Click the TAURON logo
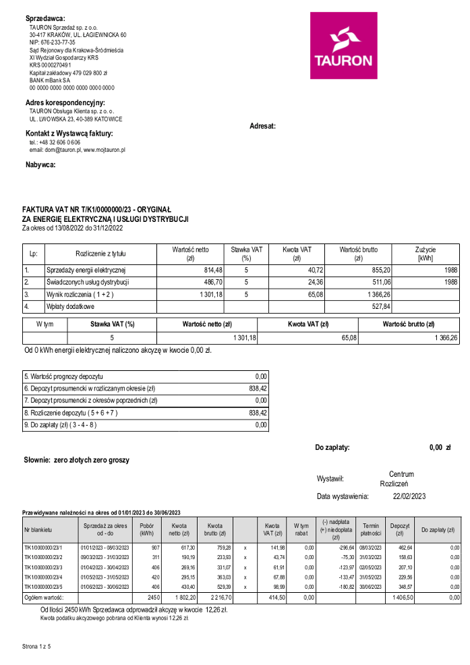coord(343,46)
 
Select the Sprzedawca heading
coord(46,18)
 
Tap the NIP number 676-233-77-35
coord(53,42)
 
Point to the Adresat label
coord(262,126)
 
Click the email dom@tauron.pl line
coord(77,150)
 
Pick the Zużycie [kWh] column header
coord(425,254)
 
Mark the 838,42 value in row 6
coord(258,388)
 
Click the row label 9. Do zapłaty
coord(61,425)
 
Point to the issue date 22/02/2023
coord(409,496)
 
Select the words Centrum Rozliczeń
coord(401,479)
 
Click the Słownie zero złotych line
coord(76,460)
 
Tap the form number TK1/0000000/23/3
coord(43,567)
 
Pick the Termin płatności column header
coord(371,529)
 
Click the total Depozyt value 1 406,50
coord(400,598)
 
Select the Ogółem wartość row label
coord(44,598)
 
